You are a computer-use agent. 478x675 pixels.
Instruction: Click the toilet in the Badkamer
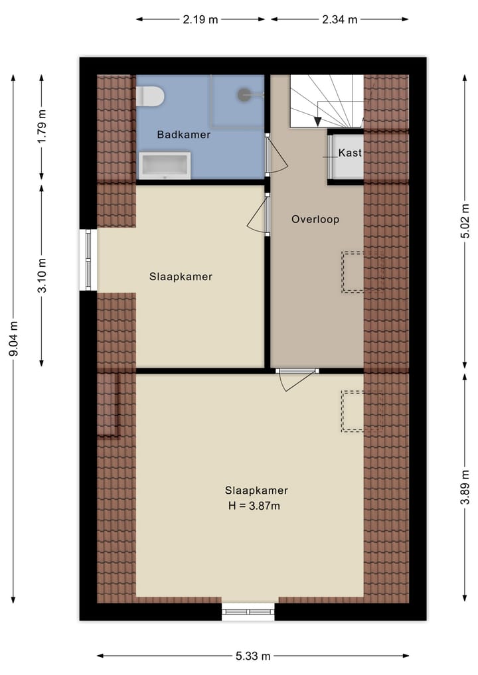click(150, 96)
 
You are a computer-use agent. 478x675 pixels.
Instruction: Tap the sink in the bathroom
click(165, 165)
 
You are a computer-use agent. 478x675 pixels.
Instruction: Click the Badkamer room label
click(184, 135)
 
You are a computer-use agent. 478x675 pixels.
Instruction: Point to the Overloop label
click(315, 219)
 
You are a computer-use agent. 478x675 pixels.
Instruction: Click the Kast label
click(350, 153)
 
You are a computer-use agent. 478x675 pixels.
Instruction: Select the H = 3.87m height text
click(256, 506)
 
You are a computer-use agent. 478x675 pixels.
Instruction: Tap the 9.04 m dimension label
click(13, 338)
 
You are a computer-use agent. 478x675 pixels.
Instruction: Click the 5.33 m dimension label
click(253, 656)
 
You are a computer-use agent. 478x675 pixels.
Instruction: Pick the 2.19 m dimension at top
click(200, 19)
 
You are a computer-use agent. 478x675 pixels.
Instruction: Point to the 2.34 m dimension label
click(339, 19)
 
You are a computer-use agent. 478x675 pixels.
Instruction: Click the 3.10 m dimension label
click(42, 275)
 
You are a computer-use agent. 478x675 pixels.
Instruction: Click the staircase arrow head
click(318, 121)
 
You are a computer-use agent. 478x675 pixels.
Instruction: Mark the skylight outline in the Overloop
click(353, 272)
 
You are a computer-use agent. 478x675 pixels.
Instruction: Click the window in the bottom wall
click(248, 611)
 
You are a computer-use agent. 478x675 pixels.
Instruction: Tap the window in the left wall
click(88, 260)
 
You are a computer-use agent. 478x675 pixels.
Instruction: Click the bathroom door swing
click(278, 159)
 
